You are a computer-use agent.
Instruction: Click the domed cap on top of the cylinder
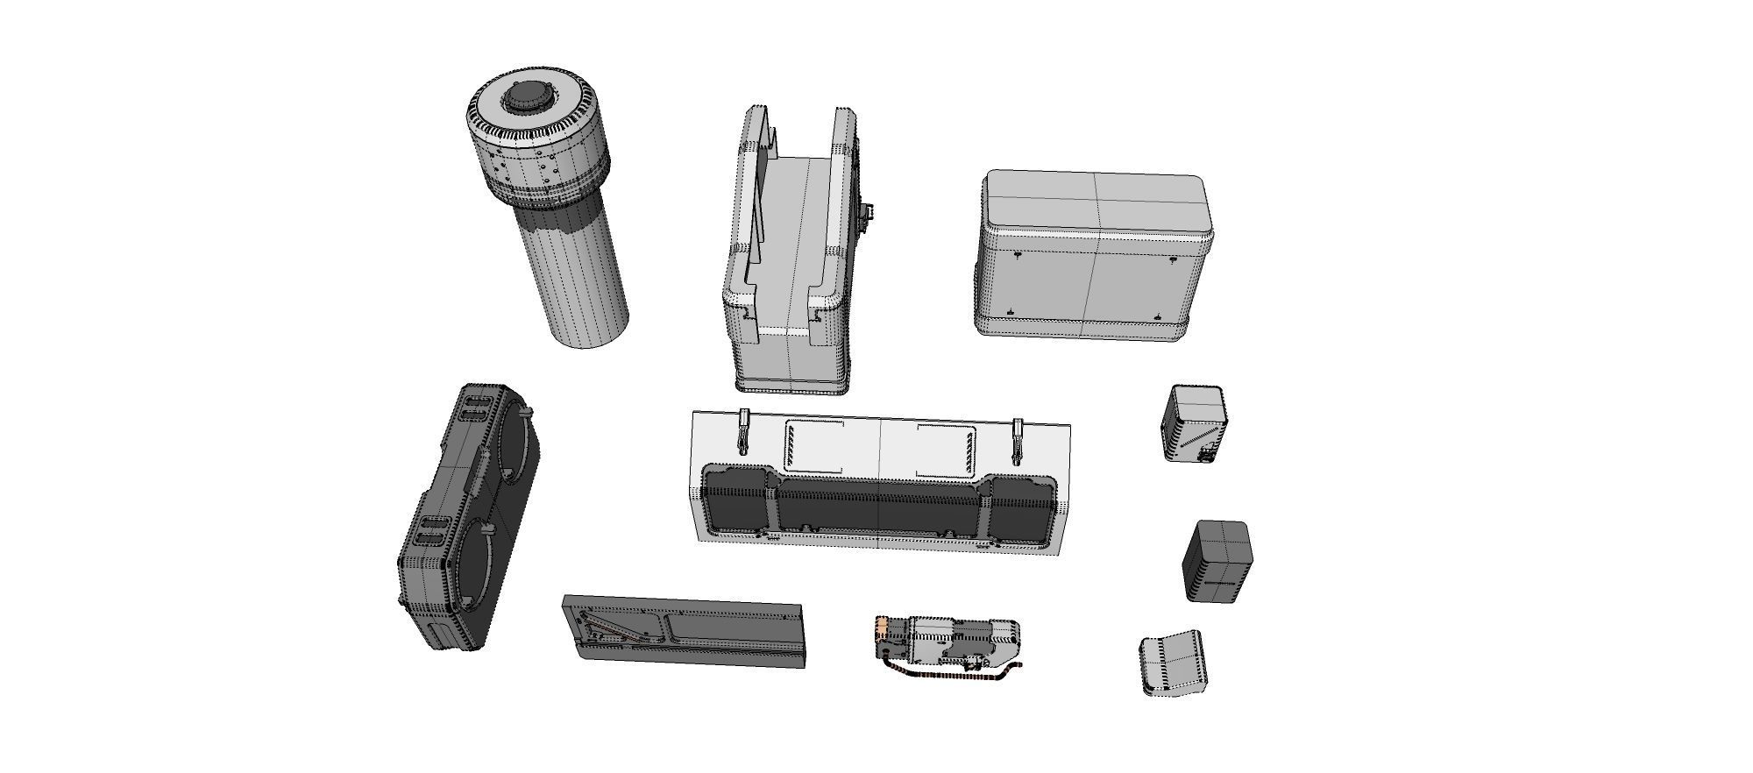point(529,97)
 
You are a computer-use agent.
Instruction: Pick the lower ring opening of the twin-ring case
point(478,562)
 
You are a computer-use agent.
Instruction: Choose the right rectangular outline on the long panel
point(946,451)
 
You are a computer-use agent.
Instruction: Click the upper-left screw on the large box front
point(1017,255)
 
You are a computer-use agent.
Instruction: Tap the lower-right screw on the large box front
point(1157,316)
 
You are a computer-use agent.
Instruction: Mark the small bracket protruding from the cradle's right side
point(869,215)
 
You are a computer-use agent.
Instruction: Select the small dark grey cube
point(1218,561)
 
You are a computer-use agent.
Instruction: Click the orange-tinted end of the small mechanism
point(882,628)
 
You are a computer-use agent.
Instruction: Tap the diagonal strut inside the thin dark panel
point(614,628)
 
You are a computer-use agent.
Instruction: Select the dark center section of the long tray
point(878,506)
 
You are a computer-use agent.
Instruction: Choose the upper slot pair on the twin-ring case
point(475,408)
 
